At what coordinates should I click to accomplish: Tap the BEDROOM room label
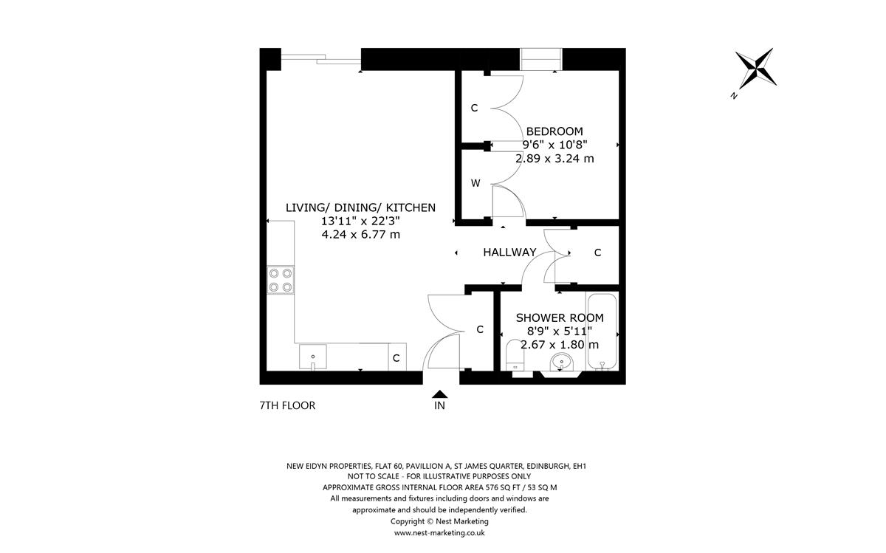click(x=554, y=131)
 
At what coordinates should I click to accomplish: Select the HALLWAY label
click(x=509, y=253)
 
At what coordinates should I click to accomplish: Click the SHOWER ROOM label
click(x=560, y=318)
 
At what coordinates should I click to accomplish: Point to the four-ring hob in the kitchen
click(x=281, y=280)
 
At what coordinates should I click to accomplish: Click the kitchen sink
click(x=312, y=357)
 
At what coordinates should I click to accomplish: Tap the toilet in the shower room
click(x=515, y=355)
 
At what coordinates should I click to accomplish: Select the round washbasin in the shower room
click(x=562, y=363)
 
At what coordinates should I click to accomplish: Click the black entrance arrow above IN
click(x=439, y=394)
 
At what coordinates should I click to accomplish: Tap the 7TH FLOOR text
click(x=287, y=405)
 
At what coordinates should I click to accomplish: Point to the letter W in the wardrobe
click(x=475, y=183)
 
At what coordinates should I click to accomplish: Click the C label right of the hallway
click(x=597, y=253)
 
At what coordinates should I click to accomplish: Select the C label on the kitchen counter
click(x=396, y=358)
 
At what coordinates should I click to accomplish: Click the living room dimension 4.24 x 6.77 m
click(x=361, y=235)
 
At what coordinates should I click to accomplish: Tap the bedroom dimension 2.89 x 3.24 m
click(x=554, y=159)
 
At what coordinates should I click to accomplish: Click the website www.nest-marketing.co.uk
click(x=439, y=533)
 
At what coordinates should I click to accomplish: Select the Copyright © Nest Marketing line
click(x=439, y=521)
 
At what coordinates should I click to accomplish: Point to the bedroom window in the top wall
click(x=540, y=59)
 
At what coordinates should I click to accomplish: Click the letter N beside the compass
click(x=734, y=95)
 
